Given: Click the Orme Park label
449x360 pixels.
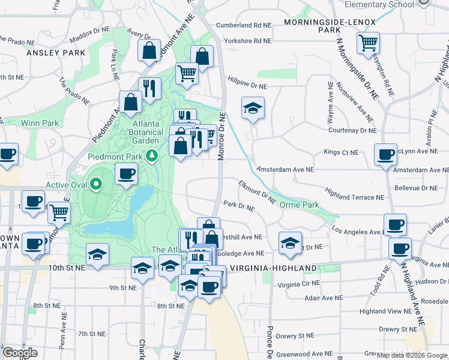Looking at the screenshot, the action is click(x=300, y=205).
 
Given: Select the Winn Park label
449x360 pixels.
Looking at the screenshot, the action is click(x=40, y=123).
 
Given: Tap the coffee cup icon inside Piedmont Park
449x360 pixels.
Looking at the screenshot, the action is click(x=126, y=175).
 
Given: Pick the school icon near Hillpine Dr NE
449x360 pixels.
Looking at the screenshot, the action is click(x=253, y=109).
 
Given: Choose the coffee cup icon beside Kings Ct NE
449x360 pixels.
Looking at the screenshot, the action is click(x=385, y=154).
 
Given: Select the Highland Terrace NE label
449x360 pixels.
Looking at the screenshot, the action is click(x=354, y=197).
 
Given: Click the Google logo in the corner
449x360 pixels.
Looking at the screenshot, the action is click(x=20, y=353).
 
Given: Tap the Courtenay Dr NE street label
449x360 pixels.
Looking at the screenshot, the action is click(x=351, y=130).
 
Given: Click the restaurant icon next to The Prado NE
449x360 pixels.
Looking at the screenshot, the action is click(x=149, y=88).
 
